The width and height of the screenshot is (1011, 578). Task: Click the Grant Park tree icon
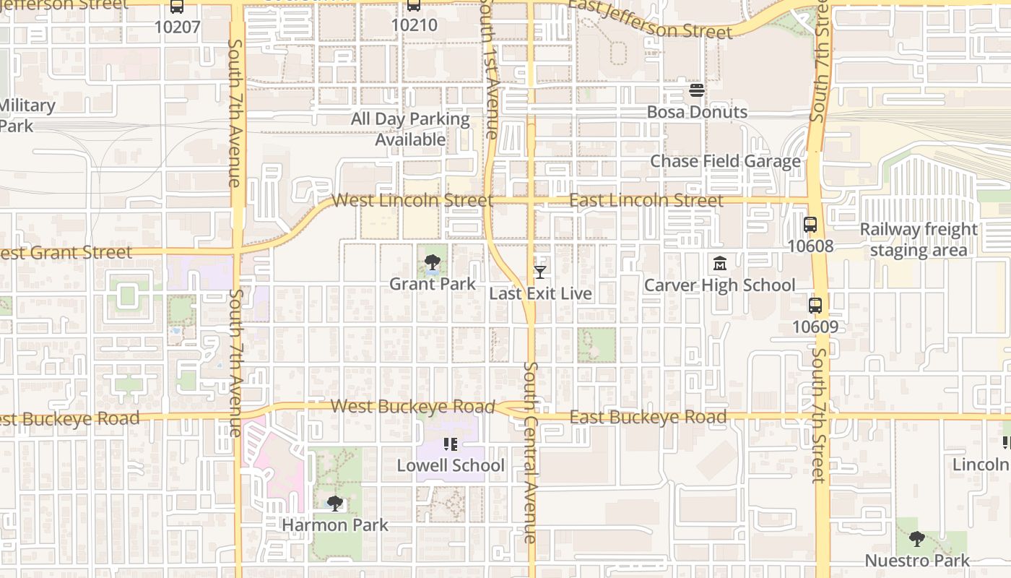(433, 262)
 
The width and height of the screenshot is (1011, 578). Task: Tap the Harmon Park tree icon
(334, 503)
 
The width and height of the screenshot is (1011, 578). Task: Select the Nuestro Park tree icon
(917, 538)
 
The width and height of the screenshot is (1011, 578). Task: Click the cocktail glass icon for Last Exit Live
(539, 272)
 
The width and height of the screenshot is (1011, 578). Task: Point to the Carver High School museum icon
(719, 264)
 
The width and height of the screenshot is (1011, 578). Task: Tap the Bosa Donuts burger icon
(697, 90)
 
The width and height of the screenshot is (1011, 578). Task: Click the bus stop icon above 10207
(177, 7)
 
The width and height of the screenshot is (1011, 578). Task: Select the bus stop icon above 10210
(414, 6)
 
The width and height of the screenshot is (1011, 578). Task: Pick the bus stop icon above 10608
(810, 225)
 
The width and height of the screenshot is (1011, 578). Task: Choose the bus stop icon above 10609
(815, 306)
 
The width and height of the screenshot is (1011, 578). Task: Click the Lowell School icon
(451, 444)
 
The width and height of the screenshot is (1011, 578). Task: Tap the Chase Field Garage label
(725, 161)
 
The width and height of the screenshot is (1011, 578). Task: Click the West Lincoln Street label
(412, 200)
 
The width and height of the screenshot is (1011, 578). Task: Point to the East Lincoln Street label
(646, 200)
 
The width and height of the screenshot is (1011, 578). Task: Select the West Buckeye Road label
(413, 406)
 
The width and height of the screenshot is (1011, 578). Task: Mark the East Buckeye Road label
(648, 417)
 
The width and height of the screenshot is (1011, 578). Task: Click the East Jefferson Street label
(650, 19)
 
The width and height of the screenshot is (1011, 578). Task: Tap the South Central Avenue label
(530, 452)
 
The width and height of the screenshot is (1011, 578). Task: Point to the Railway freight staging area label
(918, 240)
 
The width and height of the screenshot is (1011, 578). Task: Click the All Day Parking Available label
(410, 129)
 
